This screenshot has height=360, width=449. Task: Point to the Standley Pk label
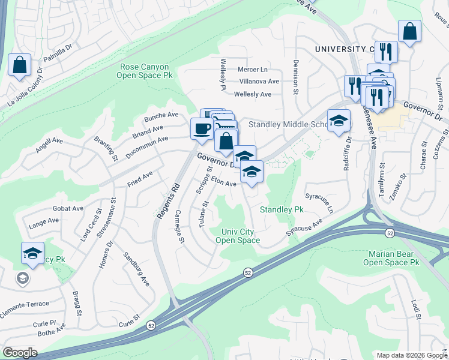pos(282,209)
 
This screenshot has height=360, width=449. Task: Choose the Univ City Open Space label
pos(240,236)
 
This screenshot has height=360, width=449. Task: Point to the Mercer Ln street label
pos(253,70)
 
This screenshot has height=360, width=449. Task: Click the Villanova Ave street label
pos(259,81)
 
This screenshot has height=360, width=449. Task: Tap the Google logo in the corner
pos(20,353)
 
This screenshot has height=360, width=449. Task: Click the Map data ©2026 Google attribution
pos(411,355)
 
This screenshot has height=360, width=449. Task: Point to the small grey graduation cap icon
pos(22,278)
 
